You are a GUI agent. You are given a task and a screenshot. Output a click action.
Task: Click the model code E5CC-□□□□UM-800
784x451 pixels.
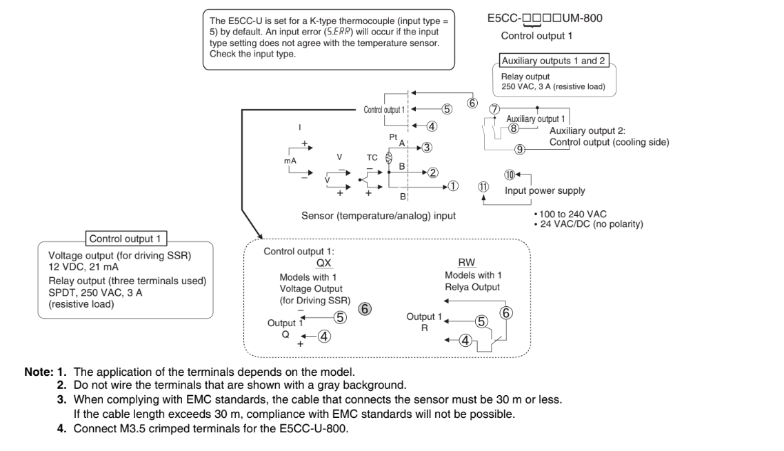tap(544, 18)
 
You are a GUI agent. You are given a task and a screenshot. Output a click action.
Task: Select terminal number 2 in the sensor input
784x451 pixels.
tap(432, 172)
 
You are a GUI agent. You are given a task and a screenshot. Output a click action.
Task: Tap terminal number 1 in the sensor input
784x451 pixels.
tap(452, 186)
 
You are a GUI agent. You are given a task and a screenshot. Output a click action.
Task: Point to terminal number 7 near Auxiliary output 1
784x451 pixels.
tap(494, 109)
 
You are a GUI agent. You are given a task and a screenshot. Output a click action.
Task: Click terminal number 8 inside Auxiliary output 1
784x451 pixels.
tap(513, 128)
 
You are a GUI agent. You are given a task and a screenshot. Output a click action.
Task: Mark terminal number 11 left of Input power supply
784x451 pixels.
tap(483, 186)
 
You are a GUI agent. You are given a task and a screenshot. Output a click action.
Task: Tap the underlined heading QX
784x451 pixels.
tap(324, 263)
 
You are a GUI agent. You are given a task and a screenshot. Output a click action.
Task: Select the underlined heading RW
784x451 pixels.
tap(466, 263)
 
